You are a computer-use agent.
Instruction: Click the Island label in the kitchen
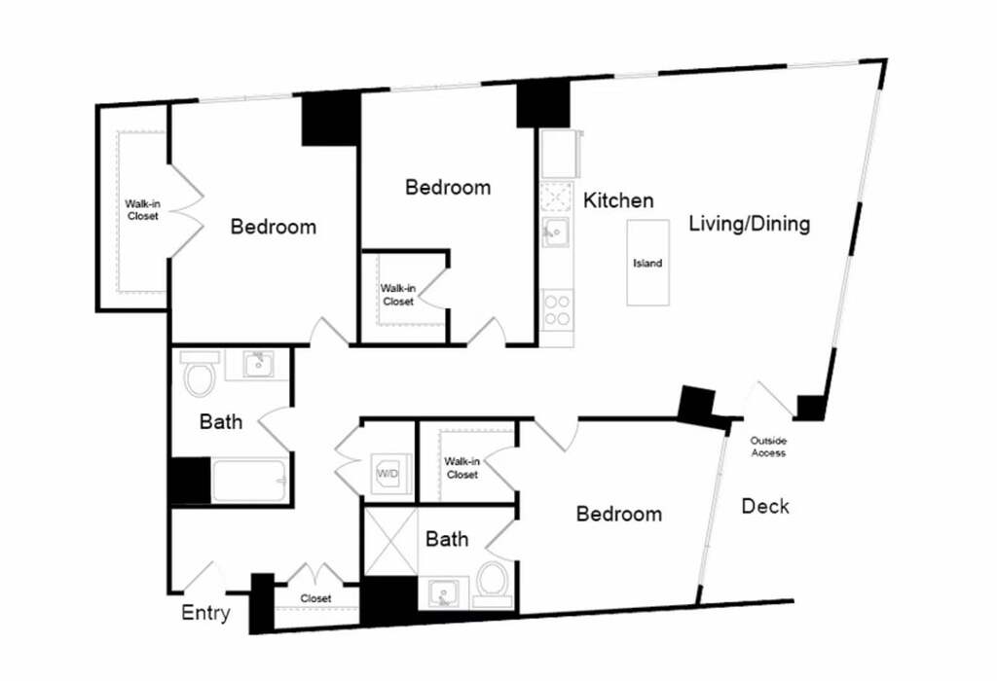(x=647, y=263)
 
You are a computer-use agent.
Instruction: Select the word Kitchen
(x=618, y=200)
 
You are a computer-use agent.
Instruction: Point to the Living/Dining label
(x=750, y=224)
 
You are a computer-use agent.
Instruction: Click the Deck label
(x=765, y=506)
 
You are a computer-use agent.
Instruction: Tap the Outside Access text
(x=768, y=447)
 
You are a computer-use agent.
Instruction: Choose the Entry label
(x=205, y=613)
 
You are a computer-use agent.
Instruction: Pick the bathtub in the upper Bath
(x=248, y=481)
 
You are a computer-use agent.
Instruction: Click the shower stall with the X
(x=390, y=542)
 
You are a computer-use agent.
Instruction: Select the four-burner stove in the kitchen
(x=556, y=310)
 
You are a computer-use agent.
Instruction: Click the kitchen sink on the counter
(x=555, y=232)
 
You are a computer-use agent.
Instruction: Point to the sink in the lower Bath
(x=444, y=594)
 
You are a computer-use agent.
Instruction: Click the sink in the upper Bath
(x=259, y=365)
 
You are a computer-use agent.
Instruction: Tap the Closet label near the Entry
(x=316, y=598)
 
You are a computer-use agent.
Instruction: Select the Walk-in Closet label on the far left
(x=142, y=210)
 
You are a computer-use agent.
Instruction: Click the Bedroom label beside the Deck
(x=618, y=514)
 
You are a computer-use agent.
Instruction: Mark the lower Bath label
(x=447, y=539)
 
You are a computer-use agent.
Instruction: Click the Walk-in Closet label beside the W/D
(x=462, y=468)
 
